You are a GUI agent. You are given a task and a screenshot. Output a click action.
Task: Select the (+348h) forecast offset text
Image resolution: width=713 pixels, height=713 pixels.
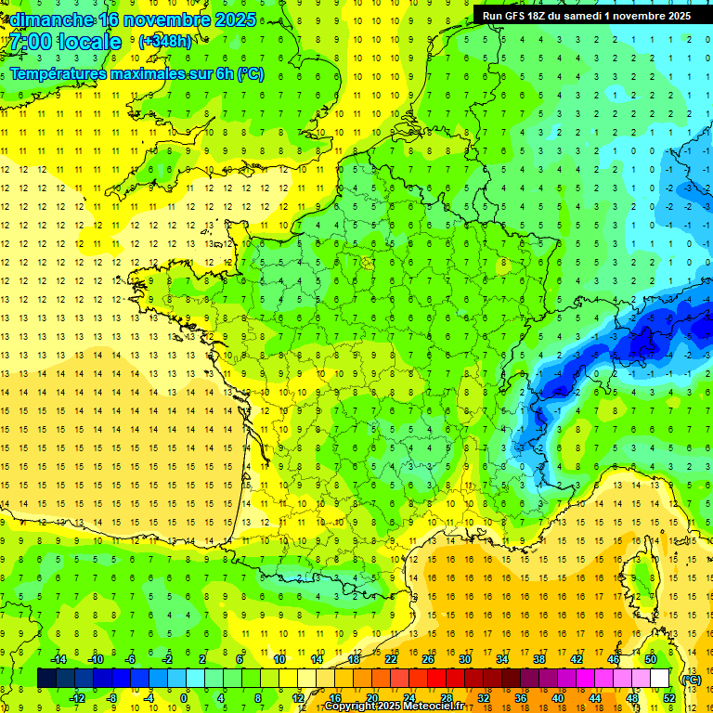(165, 42)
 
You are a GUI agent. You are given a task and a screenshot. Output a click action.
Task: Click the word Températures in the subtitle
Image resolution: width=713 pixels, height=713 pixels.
(59, 73)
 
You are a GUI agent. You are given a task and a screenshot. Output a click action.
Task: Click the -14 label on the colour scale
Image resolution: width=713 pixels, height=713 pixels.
(58, 659)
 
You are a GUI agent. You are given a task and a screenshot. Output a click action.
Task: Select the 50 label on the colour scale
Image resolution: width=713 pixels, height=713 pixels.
(651, 659)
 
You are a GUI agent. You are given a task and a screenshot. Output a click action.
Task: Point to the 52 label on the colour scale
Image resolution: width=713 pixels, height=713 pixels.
(669, 698)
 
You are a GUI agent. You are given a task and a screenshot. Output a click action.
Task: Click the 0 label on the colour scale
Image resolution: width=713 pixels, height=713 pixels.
(185, 698)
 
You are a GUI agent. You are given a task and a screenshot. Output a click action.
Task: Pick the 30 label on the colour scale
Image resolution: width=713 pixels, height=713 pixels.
(464, 659)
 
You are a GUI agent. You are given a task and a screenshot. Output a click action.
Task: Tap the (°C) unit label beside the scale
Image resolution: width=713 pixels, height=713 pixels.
(691, 680)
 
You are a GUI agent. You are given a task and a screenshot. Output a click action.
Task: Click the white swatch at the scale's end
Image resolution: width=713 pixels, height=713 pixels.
(660, 679)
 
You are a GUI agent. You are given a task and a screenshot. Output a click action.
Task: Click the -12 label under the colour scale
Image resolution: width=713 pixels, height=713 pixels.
(77, 698)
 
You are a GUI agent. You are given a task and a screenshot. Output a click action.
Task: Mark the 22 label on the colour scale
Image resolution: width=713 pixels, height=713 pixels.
(391, 659)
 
